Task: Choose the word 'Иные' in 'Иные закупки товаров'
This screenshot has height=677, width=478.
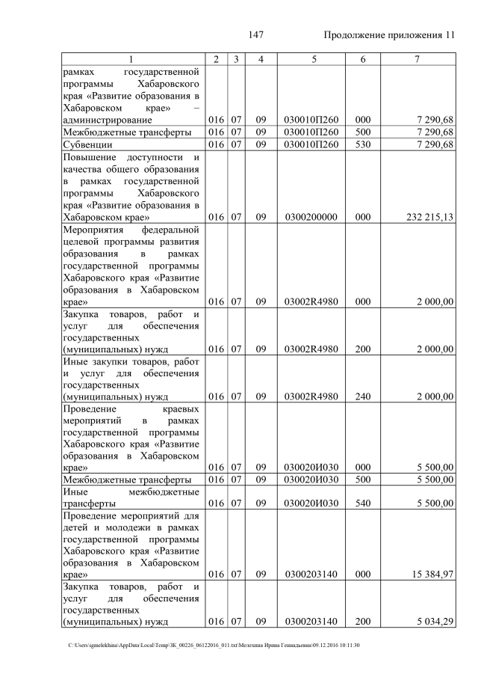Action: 76,360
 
